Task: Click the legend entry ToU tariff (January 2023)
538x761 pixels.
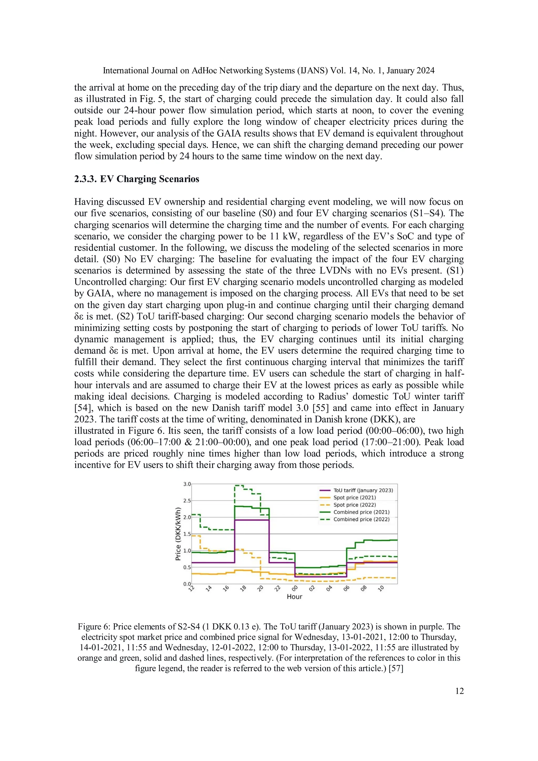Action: [x=363, y=490]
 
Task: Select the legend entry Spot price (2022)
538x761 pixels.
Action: [x=354, y=505]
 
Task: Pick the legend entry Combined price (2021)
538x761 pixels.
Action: [x=361, y=512]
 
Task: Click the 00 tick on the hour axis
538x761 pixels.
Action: [x=295, y=589]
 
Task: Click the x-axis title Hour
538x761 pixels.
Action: [x=294, y=597]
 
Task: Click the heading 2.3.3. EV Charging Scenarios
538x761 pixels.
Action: [x=137, y=179]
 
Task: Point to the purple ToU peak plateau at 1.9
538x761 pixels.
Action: [x=252, y=520]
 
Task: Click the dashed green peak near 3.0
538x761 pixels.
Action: [x=239, y=486]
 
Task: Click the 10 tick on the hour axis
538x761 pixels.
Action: [x=381, y=589]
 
